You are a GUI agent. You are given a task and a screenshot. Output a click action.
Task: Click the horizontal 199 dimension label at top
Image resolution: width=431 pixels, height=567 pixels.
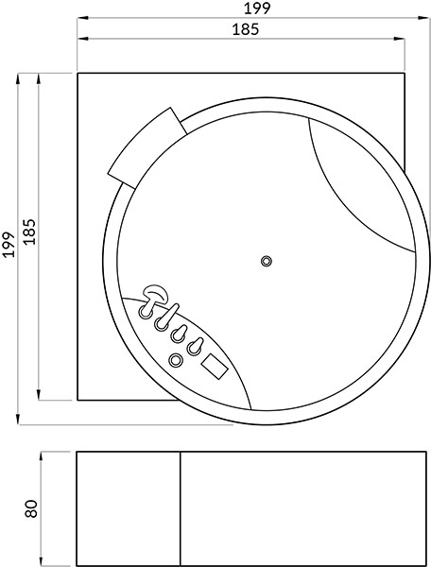257,9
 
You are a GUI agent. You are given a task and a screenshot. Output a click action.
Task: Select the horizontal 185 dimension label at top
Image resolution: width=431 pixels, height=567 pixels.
246,29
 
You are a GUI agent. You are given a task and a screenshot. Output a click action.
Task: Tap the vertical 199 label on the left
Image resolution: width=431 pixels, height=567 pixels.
9,245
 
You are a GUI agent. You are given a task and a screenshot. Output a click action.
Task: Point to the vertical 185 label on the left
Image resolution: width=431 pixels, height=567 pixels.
30,232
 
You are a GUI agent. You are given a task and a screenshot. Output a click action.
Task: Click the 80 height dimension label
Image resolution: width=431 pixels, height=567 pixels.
31,508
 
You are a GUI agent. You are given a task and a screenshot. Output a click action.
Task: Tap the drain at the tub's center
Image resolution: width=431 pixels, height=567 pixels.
267,261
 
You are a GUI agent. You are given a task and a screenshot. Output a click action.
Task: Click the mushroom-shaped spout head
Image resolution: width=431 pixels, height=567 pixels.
156,292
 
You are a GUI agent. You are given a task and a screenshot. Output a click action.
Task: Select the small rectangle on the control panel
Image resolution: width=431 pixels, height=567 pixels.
215,367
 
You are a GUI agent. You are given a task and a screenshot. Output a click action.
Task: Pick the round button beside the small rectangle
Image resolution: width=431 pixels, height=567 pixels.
176,360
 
